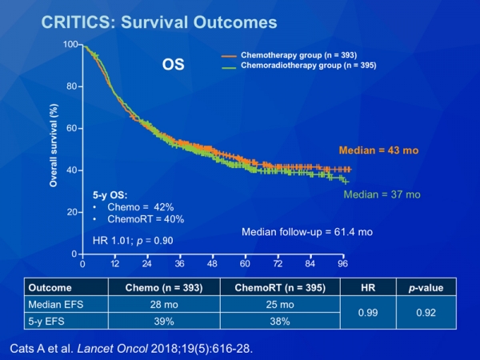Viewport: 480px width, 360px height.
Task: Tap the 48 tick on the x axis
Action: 212,262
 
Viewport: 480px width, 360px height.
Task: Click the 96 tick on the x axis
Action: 342,262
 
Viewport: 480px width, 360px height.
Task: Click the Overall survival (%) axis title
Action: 53,150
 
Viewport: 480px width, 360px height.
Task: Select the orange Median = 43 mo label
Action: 379,150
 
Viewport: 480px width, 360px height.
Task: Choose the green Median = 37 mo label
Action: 382,194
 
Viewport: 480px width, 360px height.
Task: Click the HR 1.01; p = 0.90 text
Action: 133,239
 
